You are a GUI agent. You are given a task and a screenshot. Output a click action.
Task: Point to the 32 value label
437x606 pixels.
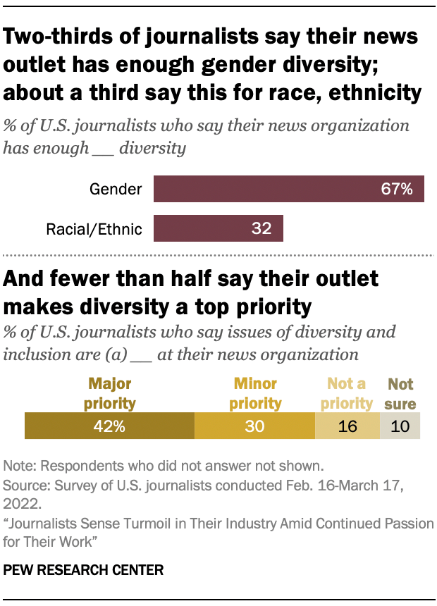click(262, 228)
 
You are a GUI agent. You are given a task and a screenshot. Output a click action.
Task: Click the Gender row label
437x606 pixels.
click(116, 189)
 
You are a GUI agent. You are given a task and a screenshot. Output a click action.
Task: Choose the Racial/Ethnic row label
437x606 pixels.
click(94, 228)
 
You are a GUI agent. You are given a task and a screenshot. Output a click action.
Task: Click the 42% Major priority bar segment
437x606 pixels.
click(109, 426)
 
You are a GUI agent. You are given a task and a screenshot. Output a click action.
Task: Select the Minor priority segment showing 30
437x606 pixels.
click(254, 426)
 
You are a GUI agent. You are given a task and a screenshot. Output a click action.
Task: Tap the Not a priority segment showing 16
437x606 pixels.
click(347, 426)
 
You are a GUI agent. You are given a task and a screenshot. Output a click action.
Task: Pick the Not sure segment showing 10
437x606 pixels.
click(400, 426)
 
